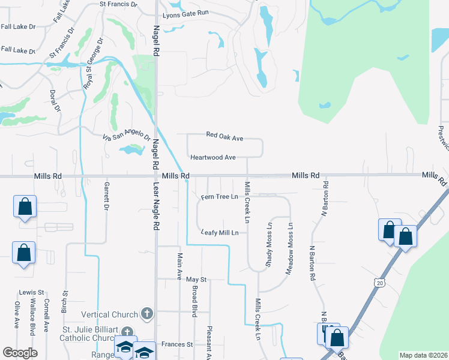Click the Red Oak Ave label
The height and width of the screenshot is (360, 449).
coord(224,137)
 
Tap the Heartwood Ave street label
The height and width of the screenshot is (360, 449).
coord(213,157)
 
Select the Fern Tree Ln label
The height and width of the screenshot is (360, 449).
coord(220,196)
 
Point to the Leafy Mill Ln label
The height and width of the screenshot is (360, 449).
coord(220,233)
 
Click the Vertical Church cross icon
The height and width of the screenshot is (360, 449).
coord(146,314)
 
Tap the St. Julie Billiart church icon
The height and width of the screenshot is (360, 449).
coord(127,332)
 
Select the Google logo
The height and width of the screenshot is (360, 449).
coord(20,353)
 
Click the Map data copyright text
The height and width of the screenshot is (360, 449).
coord(424,355)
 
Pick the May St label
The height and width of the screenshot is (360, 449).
coord(196,280)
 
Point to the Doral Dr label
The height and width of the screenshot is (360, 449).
coord(55,101)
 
